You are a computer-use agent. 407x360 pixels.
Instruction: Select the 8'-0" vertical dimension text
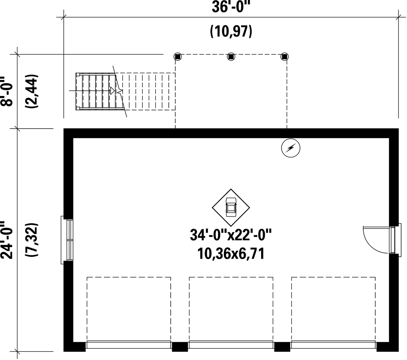click(7, 91)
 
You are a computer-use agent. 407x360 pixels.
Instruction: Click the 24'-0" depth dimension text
click(7, 240)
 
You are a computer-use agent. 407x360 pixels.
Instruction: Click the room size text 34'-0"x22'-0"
click(231, 235)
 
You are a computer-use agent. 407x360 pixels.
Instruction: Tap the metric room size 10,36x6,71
click(231, 253)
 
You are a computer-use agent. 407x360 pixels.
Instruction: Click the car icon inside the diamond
click(231, 207)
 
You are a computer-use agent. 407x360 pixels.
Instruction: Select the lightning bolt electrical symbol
click(291, 148)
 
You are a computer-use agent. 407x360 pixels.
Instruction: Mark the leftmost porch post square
click(177, 56)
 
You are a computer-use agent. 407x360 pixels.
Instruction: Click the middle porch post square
click(231, 56)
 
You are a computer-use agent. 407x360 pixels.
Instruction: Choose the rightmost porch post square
click(285, 56)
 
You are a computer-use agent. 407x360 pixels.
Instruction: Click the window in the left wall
click(67, 240)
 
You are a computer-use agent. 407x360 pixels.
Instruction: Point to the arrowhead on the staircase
click(113, 90)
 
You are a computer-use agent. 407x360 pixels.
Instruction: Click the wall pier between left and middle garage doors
click(180, 347)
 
